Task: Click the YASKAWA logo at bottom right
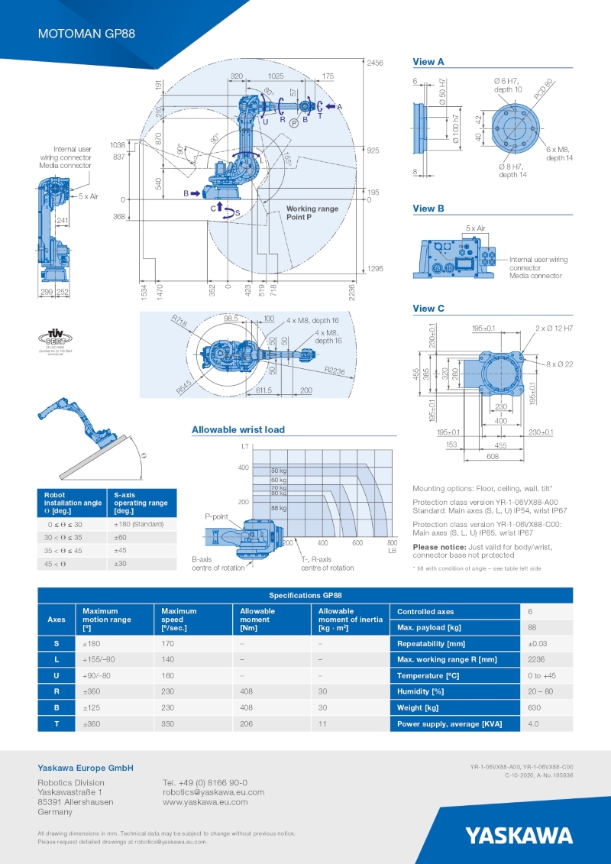519,834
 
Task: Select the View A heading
428,62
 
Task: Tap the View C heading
428,309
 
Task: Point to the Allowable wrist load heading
238,430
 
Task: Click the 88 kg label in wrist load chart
279,508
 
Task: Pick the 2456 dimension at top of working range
374,63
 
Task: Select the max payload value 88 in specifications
532,627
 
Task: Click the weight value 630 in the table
534,708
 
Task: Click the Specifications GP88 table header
305,594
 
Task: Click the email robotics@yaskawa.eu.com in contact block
213,793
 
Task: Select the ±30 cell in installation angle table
121,564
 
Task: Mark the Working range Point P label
312,213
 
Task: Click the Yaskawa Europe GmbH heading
86,768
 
